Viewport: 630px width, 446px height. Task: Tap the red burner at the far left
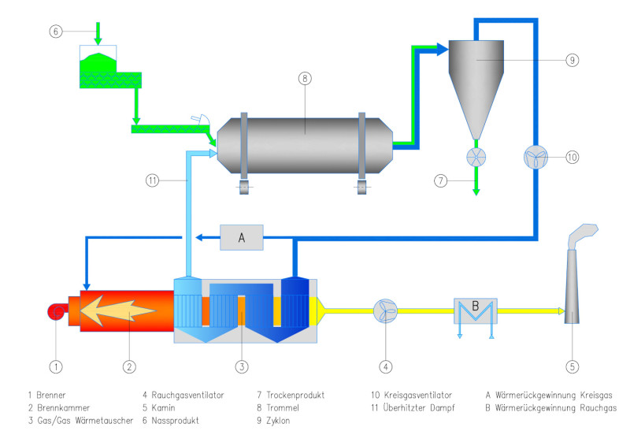(x=57, y=311)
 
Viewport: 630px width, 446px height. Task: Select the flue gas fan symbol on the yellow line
(x=385, y=310)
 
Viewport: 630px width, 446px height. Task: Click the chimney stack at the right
(x=573, y=284)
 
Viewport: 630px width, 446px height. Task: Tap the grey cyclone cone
(x=477, y=87)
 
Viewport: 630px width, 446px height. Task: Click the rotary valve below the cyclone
(x=477, y=156)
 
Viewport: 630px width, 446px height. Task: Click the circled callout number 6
(x=54, y=32)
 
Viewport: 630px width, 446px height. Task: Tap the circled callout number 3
(x=243, y=366)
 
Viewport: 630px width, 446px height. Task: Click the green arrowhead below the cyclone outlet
(x=477, y=191)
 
